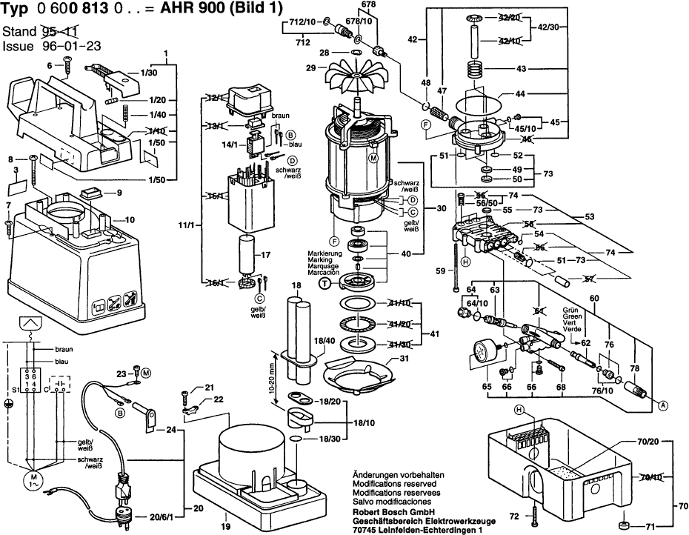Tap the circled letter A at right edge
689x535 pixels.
pos(662,405)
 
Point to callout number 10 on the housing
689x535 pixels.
pos(129,219)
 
